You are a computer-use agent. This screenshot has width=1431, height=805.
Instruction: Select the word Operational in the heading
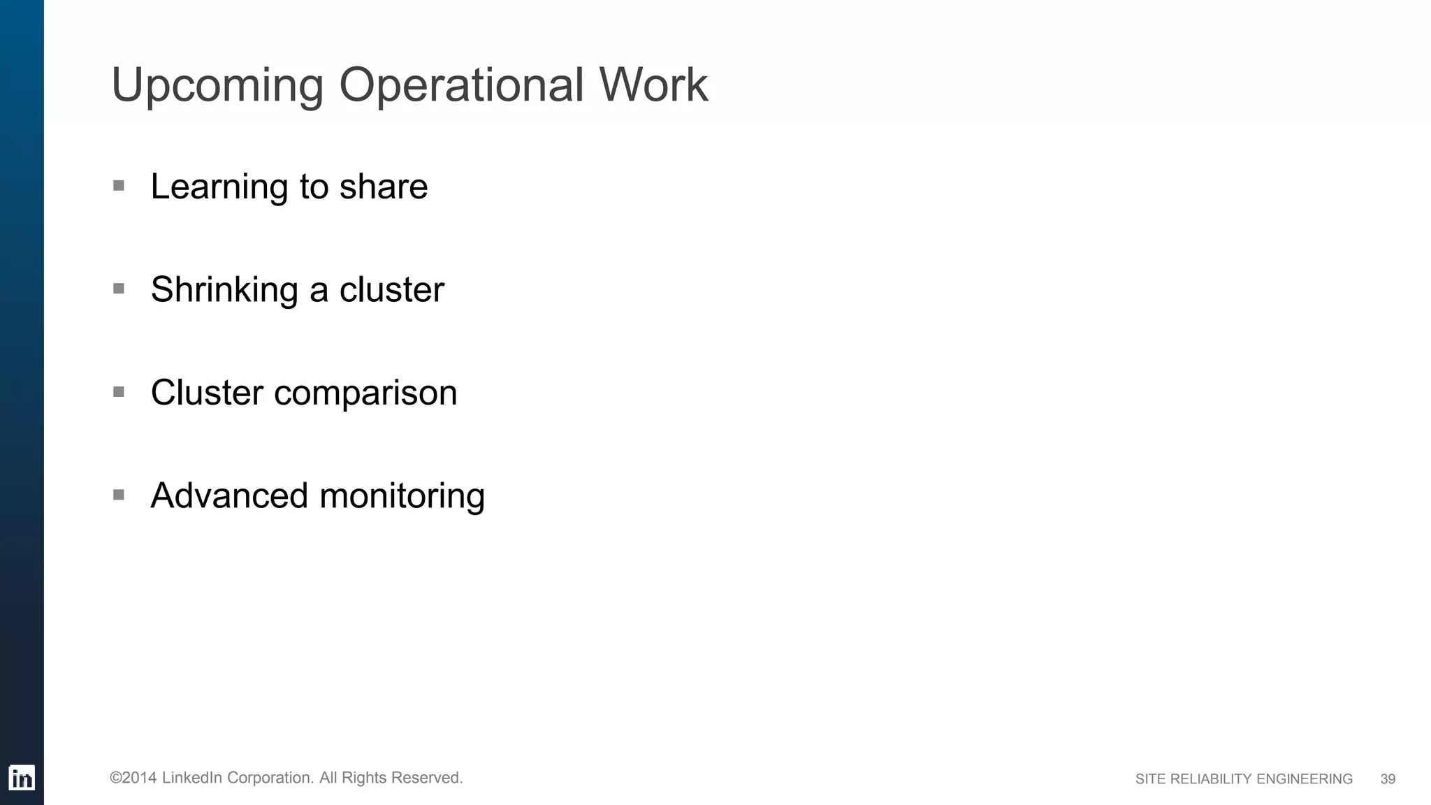click(461, 85)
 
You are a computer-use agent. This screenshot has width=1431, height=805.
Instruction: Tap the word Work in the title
click(653, 85)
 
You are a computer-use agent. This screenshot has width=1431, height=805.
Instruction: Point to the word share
click(384, 187)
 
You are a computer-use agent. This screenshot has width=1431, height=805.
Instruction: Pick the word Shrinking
click(224, 290)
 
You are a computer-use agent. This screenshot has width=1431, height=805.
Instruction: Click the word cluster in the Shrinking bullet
click(391, 290)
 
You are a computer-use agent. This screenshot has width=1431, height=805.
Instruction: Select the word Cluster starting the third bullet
click(207, 393)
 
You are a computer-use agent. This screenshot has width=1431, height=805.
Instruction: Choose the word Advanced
click(229, 496)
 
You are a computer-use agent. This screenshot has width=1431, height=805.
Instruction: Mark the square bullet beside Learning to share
click(119, 186)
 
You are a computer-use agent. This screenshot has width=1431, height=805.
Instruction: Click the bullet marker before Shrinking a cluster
click(119, 289)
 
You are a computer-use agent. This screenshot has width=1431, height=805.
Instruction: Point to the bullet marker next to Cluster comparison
click(119, 392)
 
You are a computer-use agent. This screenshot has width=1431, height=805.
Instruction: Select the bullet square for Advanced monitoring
click(119, 495)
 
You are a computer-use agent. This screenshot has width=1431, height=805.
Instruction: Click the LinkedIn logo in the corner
click(22, 778)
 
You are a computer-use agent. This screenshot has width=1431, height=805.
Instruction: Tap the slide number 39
click(1388, 779)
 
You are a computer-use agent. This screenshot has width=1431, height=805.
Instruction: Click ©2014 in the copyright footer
click(133, 778)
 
